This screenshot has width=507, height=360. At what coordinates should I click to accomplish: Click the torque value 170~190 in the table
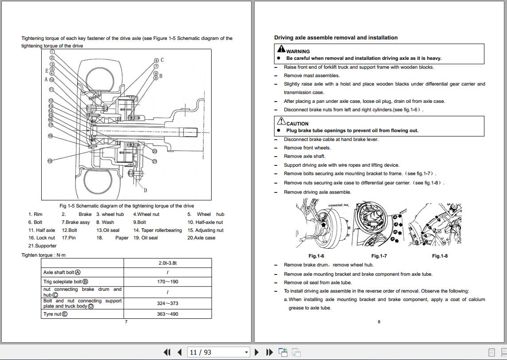167,282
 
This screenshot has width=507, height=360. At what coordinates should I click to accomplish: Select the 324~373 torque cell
167,303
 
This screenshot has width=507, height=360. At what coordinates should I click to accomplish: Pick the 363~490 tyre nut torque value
167,314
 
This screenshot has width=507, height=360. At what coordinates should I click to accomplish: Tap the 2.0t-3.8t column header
167,263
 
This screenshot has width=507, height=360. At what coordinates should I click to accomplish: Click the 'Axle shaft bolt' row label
62,272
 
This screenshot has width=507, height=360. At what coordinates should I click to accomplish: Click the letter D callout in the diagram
145,191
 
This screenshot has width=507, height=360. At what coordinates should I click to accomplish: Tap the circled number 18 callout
50,136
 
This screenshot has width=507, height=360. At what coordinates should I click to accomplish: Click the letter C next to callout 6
162,60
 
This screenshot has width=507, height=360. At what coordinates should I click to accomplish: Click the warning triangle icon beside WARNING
281,51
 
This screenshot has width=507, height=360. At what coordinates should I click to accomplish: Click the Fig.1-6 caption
316,256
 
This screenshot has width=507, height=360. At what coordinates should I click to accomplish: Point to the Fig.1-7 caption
379,256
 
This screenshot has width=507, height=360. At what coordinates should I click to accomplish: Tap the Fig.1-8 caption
440,256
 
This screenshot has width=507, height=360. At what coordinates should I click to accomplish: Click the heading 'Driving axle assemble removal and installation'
336,38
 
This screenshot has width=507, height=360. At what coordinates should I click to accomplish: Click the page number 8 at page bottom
378,322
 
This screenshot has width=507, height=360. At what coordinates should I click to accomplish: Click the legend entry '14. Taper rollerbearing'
157,230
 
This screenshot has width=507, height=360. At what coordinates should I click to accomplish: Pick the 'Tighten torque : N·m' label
43,255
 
